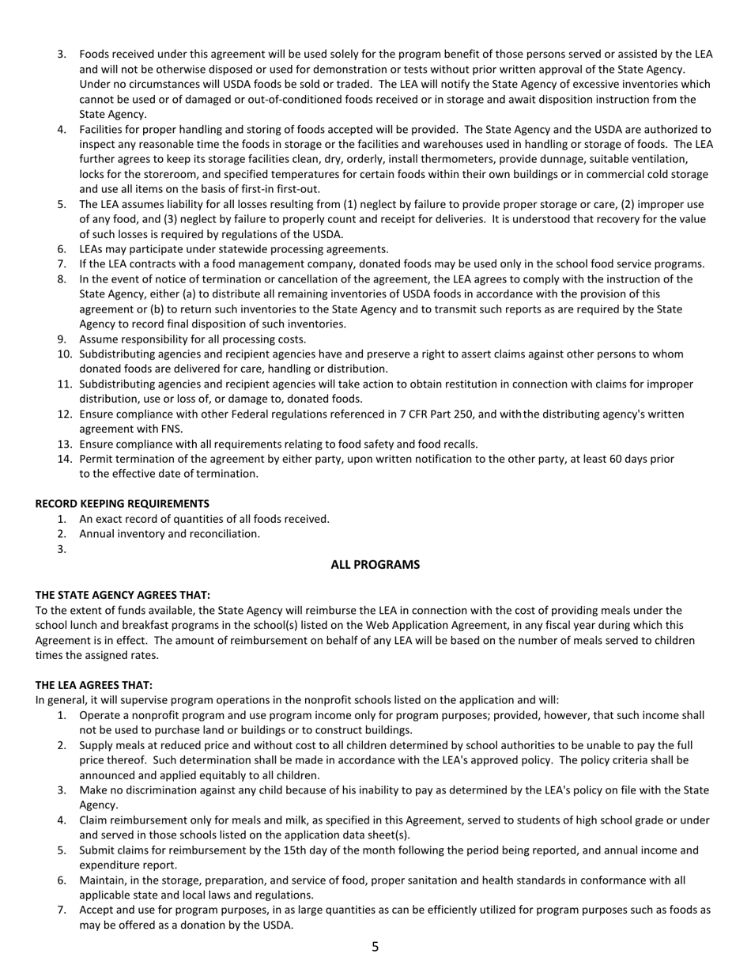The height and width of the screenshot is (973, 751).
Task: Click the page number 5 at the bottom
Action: (375, 947)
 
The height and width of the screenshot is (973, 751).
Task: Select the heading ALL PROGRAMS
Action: (375, 565)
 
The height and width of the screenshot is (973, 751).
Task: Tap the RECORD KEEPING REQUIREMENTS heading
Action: (123, 504)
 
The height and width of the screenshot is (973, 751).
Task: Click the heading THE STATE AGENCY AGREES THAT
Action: (123, 595)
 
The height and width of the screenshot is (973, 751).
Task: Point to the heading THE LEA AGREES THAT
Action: (94, 685)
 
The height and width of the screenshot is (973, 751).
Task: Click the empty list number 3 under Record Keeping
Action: (62, 549)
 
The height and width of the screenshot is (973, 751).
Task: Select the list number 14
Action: (65, 459)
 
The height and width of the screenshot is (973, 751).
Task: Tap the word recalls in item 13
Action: (459, 445)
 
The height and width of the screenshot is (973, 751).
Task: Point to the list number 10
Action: (65, 354)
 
